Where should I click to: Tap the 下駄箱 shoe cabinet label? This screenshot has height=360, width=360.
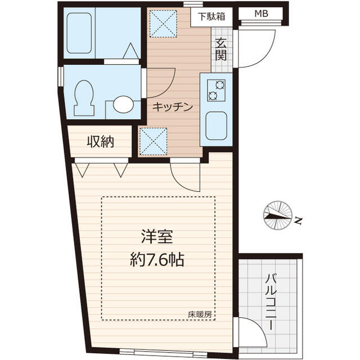coord(211,16)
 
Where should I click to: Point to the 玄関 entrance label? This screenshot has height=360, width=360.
coord(220,49)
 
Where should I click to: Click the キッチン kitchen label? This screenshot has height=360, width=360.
coord(173,106)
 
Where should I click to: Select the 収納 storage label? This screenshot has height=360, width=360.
coord(101,142)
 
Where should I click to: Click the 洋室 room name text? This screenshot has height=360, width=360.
coord(156,237)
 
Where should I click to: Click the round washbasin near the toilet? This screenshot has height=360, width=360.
coord(123,104)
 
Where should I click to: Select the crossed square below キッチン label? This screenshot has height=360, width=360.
coord(154,140)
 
